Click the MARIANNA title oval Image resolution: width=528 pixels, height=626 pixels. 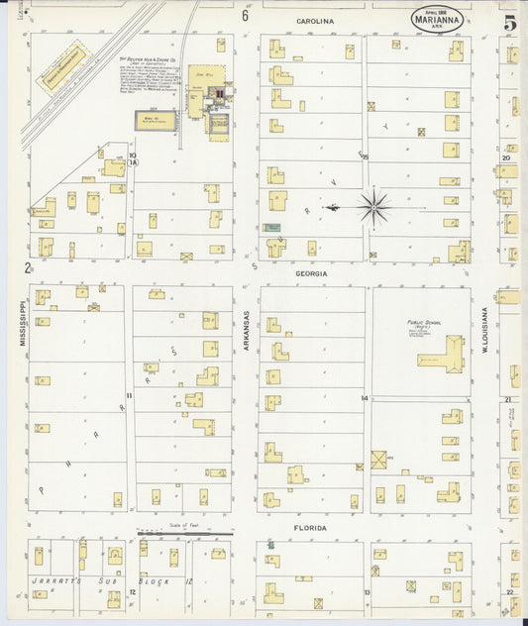click(437, 20)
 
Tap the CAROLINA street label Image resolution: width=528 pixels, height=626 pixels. click(315, 20)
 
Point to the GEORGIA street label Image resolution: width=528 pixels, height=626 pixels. click(310, 271)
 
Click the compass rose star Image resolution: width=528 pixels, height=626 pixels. click(374, 207)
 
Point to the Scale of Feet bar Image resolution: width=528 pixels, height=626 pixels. click(184, 531)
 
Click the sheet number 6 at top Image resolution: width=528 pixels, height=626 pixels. click(245, 16)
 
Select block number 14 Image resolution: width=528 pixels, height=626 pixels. click(365, 398)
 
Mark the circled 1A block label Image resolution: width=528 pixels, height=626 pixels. click(132, 158)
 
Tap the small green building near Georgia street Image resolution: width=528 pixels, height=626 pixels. click(270, 227)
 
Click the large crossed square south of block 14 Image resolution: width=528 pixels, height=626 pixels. click(379, 461)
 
